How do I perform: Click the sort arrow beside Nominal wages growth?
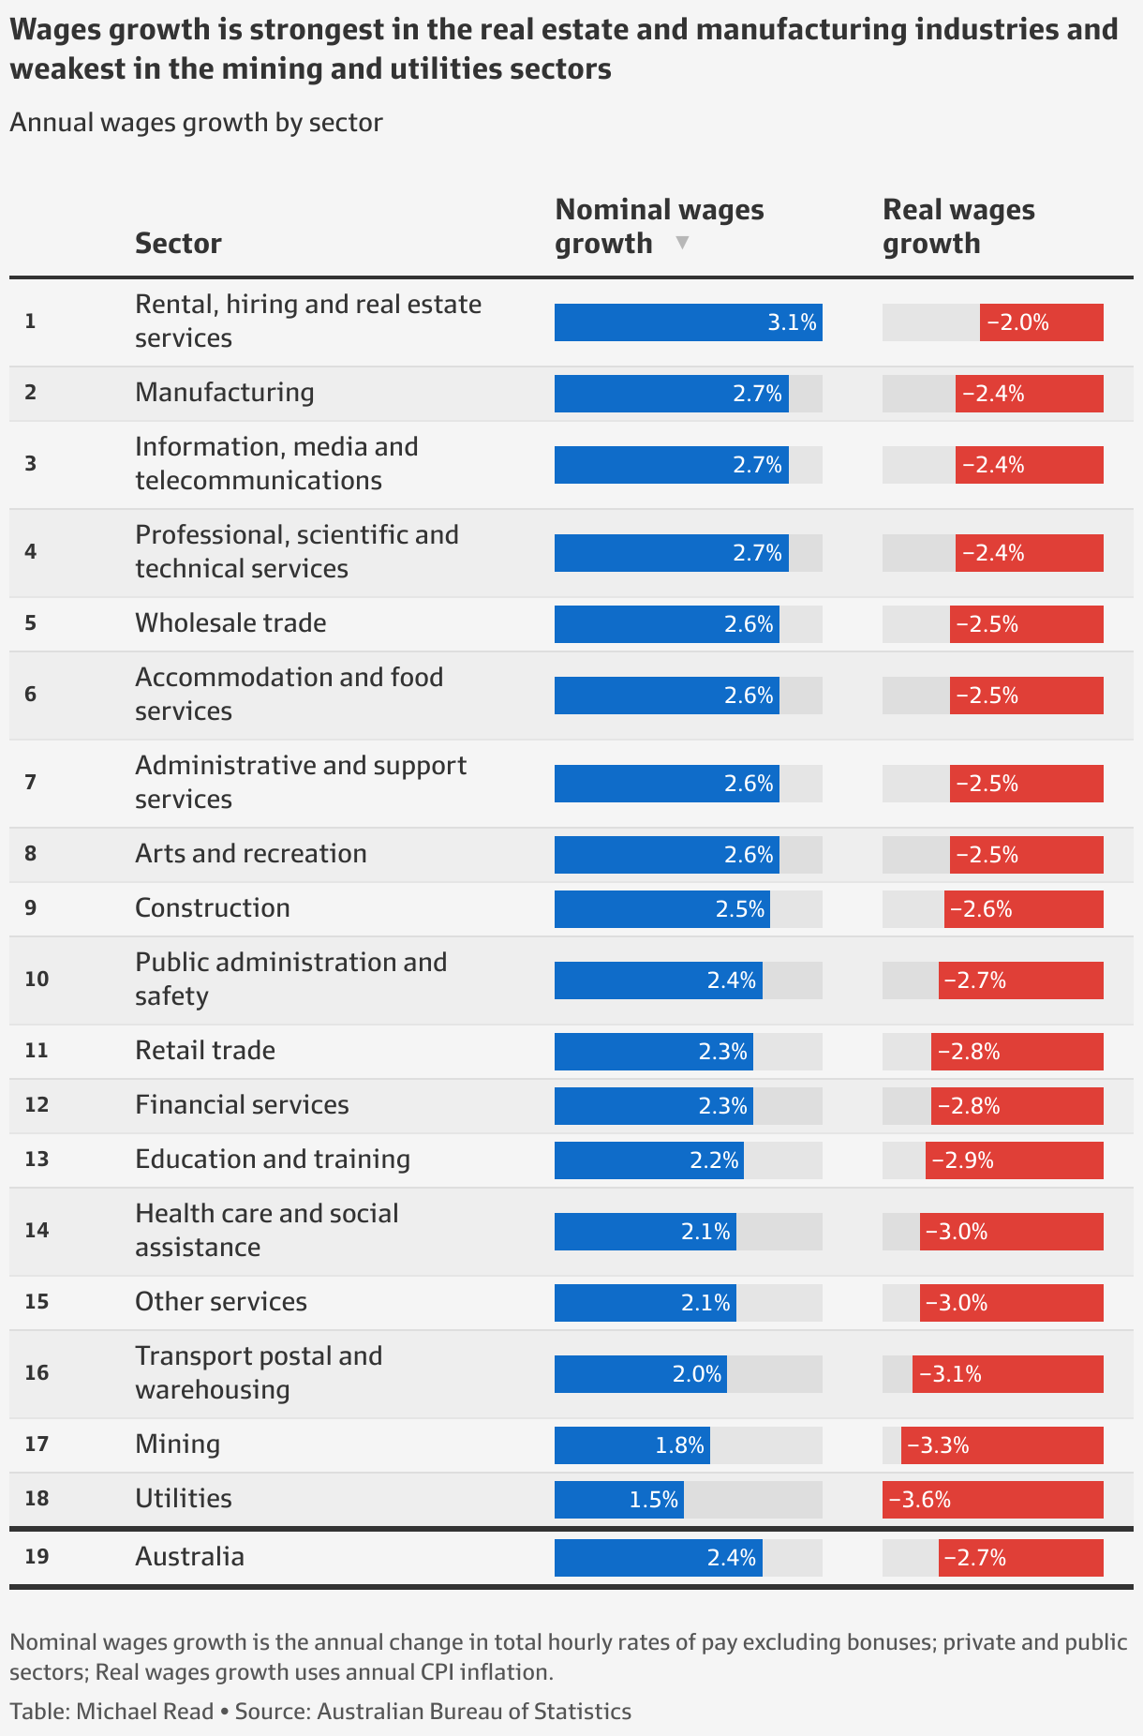point(682,243)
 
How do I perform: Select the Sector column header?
point(178,243)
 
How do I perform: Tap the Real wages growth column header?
point(958,226)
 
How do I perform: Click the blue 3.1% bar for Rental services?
point(688,322)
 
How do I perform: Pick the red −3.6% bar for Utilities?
point(992,1500)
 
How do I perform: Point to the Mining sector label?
point(177,1444)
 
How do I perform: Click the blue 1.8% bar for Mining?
point(631,1445)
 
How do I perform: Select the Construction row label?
point(213,907)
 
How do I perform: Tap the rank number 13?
point(37,1159)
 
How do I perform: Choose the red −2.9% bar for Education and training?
point(1014,1160)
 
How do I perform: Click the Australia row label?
point(189,1556)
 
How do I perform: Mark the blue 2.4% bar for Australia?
point(658,1558)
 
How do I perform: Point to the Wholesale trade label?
point(230,622)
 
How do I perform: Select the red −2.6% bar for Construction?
point(1023,909)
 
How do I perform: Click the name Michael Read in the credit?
point(144,1712)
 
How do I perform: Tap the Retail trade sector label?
point(205,1050)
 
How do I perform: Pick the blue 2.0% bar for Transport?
point(640,1374)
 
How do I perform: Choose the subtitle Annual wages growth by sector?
point(196,123)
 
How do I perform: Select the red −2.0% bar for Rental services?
point(1041,322)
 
